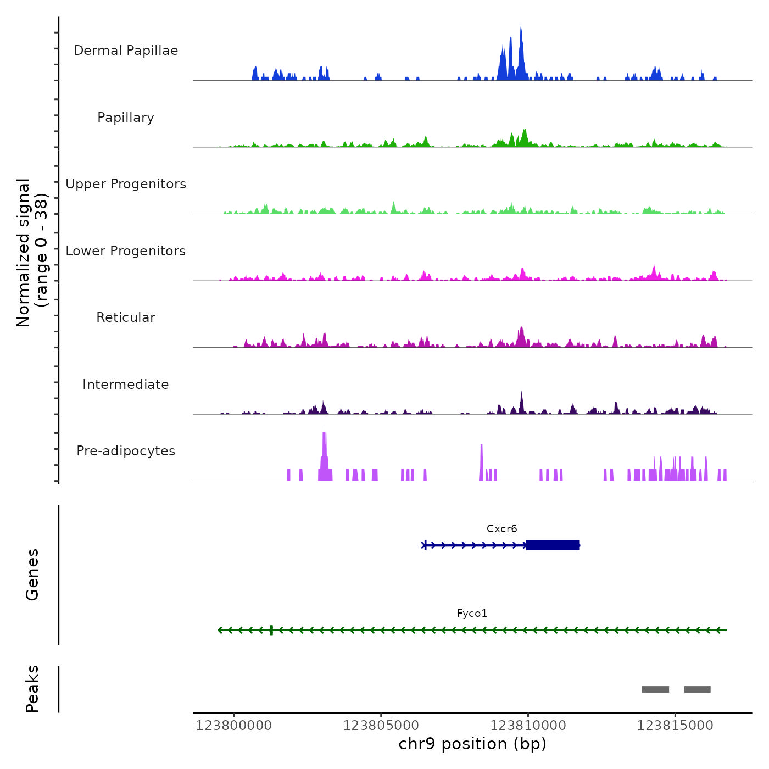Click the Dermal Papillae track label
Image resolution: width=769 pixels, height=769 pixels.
[x=126, y=51]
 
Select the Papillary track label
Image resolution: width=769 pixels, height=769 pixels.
[x=126, y=118]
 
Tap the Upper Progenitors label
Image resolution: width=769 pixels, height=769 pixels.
[x=126, y=184]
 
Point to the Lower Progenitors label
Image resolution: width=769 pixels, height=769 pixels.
[x=126, y=251]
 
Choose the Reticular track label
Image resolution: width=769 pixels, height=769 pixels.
[x=126, y=317]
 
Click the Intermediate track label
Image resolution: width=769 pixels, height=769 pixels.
[x=126, y=384]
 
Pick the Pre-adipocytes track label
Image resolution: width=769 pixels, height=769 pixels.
[x=126, y=451]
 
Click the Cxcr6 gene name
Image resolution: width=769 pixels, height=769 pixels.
[x=501, y=529]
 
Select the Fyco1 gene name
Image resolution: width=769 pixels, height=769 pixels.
[x=472, y=614]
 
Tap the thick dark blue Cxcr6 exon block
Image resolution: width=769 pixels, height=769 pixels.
[x=553, y=545]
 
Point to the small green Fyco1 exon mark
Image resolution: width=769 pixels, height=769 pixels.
[x=271, y=630]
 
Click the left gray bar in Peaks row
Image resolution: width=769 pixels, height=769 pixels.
[x=655, y=689]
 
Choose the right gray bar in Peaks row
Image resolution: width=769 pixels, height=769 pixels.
[x=697, y=689]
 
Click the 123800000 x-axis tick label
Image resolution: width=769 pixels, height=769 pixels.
[x=234, y=726]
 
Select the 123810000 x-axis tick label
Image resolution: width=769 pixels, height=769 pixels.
[x=528, y=726]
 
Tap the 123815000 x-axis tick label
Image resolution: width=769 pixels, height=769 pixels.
[x=675, y=726]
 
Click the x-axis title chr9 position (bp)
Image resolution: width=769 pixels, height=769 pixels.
[x=472, y=744]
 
